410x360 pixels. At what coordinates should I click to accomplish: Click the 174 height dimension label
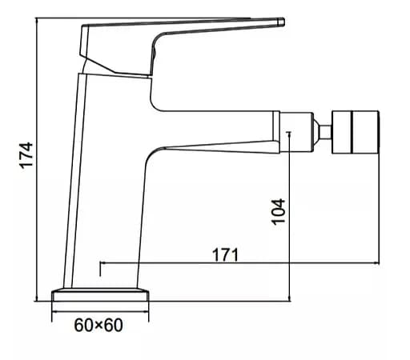[26, 155]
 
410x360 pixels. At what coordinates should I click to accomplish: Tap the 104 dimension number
[279, 212]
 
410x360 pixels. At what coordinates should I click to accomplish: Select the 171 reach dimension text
[225, 255]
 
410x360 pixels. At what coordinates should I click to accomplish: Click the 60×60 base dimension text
[98, 325]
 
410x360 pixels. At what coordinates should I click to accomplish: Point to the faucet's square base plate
[100, 294]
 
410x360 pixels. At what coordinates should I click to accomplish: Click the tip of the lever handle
[282, 22]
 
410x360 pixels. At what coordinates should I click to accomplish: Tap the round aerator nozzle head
[356, 132]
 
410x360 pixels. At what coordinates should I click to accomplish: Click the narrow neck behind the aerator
[325, 132]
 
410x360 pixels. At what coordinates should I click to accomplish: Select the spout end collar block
[296, 132]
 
